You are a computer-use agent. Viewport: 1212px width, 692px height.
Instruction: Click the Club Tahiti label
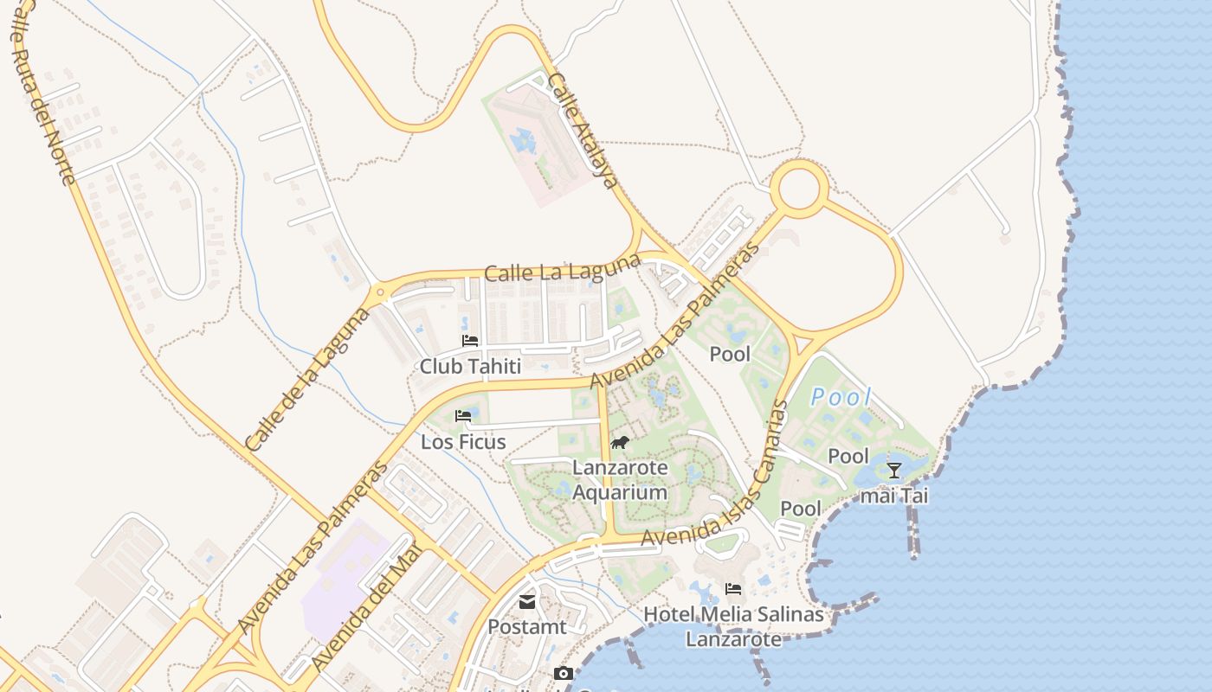(470, 367)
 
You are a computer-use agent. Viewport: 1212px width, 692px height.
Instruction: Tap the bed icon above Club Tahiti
(470, 341)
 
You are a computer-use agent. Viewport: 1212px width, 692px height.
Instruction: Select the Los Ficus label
(463, 442)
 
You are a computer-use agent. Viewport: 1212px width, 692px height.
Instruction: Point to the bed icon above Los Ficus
(463, 416)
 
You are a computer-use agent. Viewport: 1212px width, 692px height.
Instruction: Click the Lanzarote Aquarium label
(620, 480)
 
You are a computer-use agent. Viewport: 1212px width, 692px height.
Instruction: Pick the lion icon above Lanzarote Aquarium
(620, 443)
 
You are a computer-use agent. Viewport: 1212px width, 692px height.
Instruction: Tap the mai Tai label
(894, 496)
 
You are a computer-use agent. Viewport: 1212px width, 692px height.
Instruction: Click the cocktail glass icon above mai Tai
(894, 471)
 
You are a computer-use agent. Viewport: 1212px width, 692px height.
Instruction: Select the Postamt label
(527, 626)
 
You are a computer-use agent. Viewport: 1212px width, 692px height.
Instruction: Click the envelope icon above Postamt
(527, 602)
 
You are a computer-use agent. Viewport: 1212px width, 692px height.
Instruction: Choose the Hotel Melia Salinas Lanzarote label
(733, 626)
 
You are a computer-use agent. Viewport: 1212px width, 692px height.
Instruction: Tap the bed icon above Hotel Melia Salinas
(733, 589)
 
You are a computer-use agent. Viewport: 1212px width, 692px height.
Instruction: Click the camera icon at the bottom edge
(564, 674)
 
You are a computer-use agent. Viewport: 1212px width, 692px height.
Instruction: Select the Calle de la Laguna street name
(307, 380)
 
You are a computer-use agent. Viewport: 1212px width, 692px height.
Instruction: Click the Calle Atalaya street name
(583, 131)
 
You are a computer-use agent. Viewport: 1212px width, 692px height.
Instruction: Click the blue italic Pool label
(841, 397)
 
